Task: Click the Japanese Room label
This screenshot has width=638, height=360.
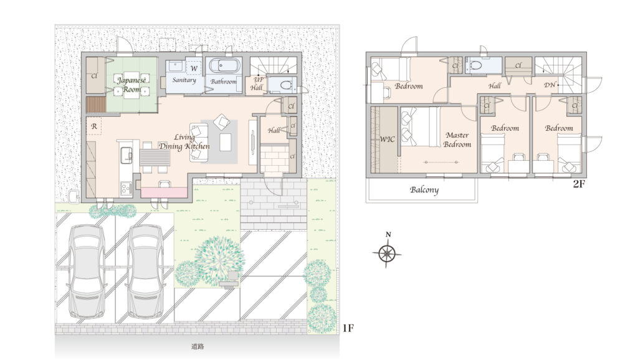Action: (x=131, y=84)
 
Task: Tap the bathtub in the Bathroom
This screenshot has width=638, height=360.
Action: (x=224, y=66)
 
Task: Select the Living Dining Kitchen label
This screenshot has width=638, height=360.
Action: (x=184, y=142)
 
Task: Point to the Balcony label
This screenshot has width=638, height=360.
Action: (x=424, y=190)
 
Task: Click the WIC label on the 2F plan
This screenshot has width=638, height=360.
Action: (x=387, y=139)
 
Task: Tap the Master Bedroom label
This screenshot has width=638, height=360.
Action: (x=457, y=140)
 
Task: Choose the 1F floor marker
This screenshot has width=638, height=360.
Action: (x=348, y=328)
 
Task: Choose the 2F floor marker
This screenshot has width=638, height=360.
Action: (x=579, y=184)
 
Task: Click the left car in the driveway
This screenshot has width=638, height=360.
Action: (x=87, y=272)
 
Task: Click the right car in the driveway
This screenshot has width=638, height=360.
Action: (x=146, y=272)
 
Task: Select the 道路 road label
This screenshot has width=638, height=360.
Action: (x=198, y=346)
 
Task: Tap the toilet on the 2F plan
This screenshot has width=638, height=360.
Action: (x=474, y=65)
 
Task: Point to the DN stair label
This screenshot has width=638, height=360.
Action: (x=550, y=85)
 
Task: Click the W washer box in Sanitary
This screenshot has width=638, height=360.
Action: (x=194, y=68)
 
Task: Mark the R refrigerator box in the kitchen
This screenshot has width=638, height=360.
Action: (x=94, y=126)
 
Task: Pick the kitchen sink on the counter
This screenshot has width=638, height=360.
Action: (x=126, y=154)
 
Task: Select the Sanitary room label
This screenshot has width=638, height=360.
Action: (x=184, y=80)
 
